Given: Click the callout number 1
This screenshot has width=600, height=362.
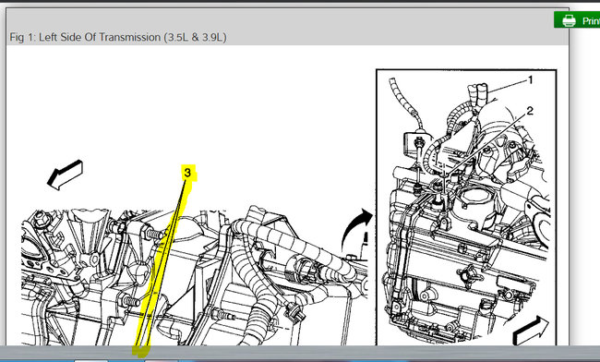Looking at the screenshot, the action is point(531,80).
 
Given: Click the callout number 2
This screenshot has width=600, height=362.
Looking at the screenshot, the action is point(530,111).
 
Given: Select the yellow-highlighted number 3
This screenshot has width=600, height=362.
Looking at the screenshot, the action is point(187,173).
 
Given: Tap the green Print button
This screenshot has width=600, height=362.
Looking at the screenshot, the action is point(577,20).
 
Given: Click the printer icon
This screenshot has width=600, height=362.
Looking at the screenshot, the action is point(569,20).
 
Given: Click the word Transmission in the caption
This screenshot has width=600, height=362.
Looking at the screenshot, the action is point(130,37).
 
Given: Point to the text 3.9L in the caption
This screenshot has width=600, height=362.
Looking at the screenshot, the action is point(211,37).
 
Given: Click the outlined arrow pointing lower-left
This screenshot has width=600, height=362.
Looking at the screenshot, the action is point(65,175).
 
